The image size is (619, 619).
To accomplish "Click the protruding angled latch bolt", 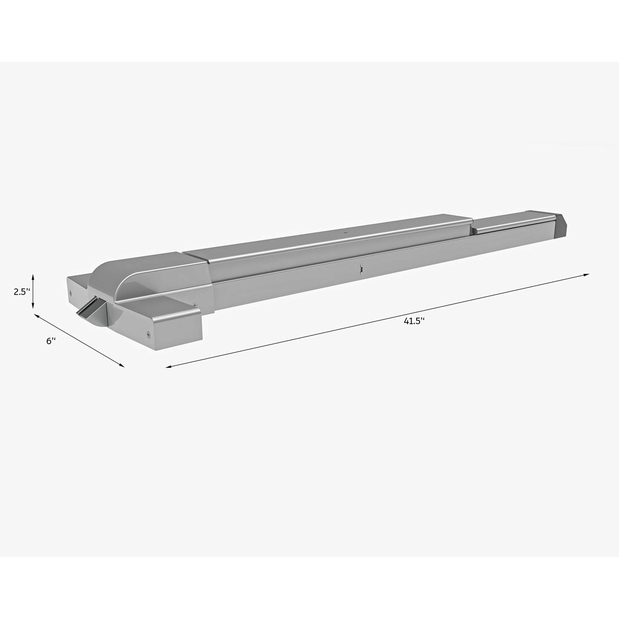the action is (x=90, y=308).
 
